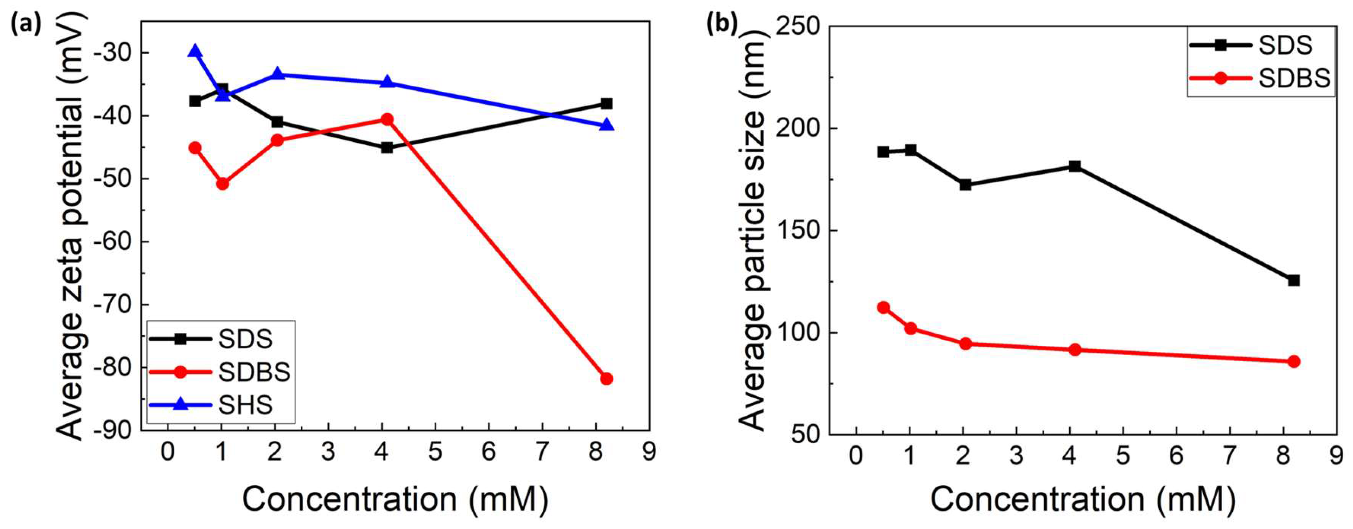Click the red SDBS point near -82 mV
[606, 379]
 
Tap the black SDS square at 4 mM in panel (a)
[387, 148]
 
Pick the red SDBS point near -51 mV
[223, 184]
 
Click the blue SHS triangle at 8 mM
[606, 125]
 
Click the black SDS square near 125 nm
[1294, 280]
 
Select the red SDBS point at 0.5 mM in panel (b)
[884, 307]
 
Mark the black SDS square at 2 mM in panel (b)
[965, 185]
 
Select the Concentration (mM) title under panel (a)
[395, 499]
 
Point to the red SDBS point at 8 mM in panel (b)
[1294, 362]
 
